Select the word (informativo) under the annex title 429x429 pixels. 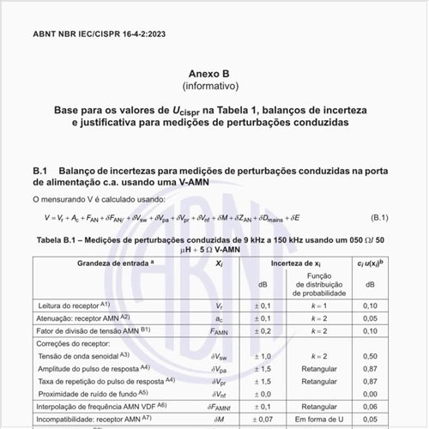click(214, 88)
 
